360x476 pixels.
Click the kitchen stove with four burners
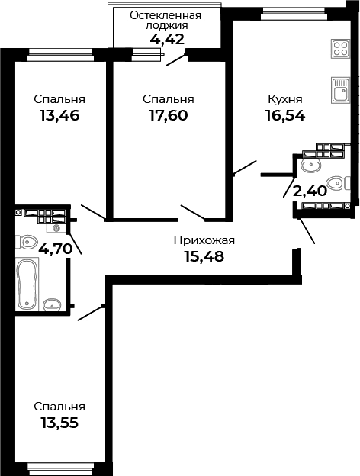(339, 49)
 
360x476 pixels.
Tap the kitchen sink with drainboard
(339, 91)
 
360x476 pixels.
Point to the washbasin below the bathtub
(52, 305)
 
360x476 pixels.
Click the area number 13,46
(59, 116)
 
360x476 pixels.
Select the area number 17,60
(168, 116)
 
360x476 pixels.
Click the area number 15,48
(204, 256)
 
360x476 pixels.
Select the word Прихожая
(204, 240)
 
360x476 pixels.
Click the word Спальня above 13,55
(59, 407)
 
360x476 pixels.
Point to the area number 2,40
(310, 191)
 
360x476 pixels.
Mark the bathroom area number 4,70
(56, 248)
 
